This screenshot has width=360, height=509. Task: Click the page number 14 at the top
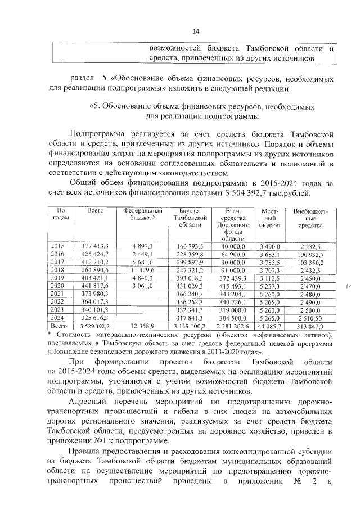pyautogui.click(x=196, y=31)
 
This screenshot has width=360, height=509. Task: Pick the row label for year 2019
pyautogui.click(x=58, y=277)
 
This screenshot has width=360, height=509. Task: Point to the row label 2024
pyautogui.click(x=58, y=317)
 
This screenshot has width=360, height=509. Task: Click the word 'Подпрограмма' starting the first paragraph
pyautogui.click(x=94, y=133)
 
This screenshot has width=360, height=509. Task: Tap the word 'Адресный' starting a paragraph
pyautogui.click(x=89, y=401)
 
